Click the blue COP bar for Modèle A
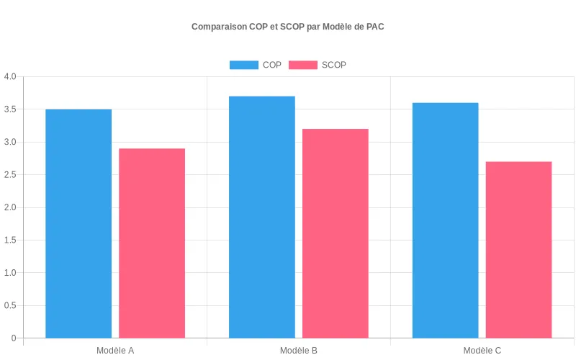click(x=78, y=223)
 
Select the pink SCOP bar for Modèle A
click(x=152, y=243)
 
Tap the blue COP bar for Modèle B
click(x=262, y=217)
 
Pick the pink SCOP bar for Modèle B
click(x=336, y=233)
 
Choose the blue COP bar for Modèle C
click(x=446, y=220)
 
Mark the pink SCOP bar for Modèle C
click(x=519, y=250)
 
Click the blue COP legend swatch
click(x=243, y=65)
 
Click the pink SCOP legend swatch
click(x=302, y=65)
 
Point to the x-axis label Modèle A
click(x=115, y=351)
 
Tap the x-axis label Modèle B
click(x=299, y=351)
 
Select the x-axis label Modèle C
click(x=482, y=351)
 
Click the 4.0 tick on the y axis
click(x=10, y=77)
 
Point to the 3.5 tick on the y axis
click(x=10, y=109)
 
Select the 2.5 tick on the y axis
click(x=10, y=175)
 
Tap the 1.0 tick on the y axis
click(x=10, y=273)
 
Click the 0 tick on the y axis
click(x=14, y=338)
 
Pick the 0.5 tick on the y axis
click(x=10, y=306)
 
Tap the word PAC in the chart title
click(x=375, y=27)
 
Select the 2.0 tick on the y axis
click(x=10, y=207)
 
